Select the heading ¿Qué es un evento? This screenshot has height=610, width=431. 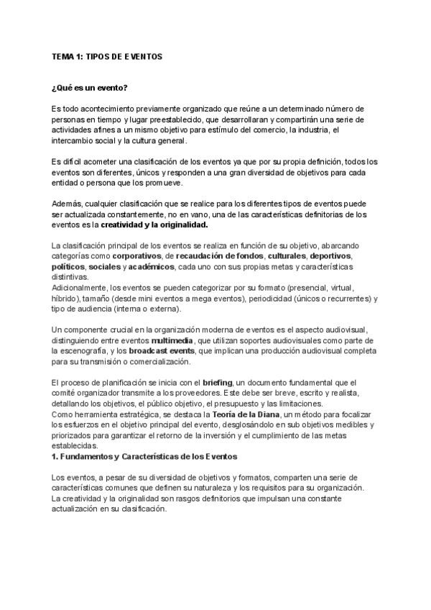click(x=90, y=88)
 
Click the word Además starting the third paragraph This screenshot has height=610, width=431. click(x=69, y=204)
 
